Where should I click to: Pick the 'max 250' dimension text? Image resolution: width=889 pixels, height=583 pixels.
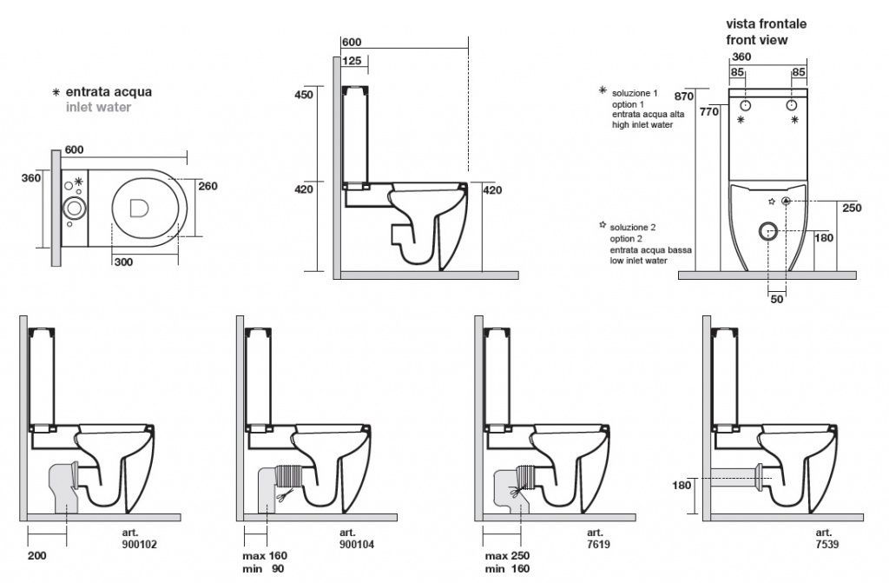tap(507, 556)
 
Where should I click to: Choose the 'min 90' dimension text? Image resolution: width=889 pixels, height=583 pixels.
tap(265, 569)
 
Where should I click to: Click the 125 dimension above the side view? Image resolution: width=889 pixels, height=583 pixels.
tap(352, 61)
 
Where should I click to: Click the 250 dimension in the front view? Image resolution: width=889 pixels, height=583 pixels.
tap(851, 208)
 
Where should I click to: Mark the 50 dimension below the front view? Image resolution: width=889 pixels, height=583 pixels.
tap(777, 299)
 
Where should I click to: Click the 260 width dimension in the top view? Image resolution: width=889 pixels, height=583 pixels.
tap(207, 185)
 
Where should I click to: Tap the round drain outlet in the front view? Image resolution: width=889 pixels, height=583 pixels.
tap(767, 231)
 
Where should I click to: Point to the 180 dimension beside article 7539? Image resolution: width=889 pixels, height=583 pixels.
tap(682, 485)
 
